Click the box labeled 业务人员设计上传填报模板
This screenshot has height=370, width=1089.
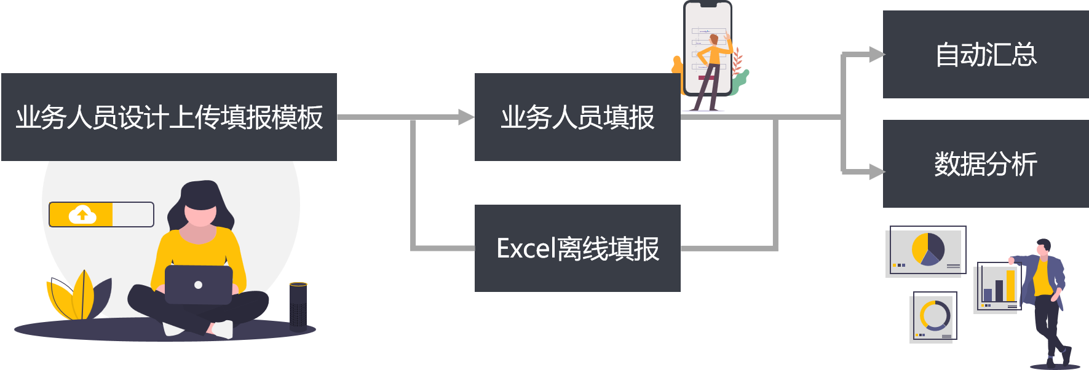click(169, 117)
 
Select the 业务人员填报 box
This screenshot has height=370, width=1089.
click(577, 117)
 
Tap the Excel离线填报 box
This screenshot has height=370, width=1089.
click(577, 248)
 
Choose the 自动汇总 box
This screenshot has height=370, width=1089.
click(985, 54)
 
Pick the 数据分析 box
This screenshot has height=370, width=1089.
click(985, 163)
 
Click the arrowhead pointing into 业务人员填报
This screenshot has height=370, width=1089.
click(467, 117)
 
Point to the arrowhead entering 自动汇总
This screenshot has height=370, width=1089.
click(876, 55)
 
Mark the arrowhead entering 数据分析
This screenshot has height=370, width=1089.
click(876, 171)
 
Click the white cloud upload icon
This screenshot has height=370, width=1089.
click(82, 215)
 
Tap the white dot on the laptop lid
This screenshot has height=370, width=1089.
click(198, 285)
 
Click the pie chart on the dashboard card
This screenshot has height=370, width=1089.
click(928, 249)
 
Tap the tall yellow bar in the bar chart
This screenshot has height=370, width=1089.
click(1011, 285)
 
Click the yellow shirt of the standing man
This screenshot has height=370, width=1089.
click(1042, 278)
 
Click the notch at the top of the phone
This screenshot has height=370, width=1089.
click(708, 4)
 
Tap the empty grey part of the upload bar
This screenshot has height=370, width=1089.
click(132, 215)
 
